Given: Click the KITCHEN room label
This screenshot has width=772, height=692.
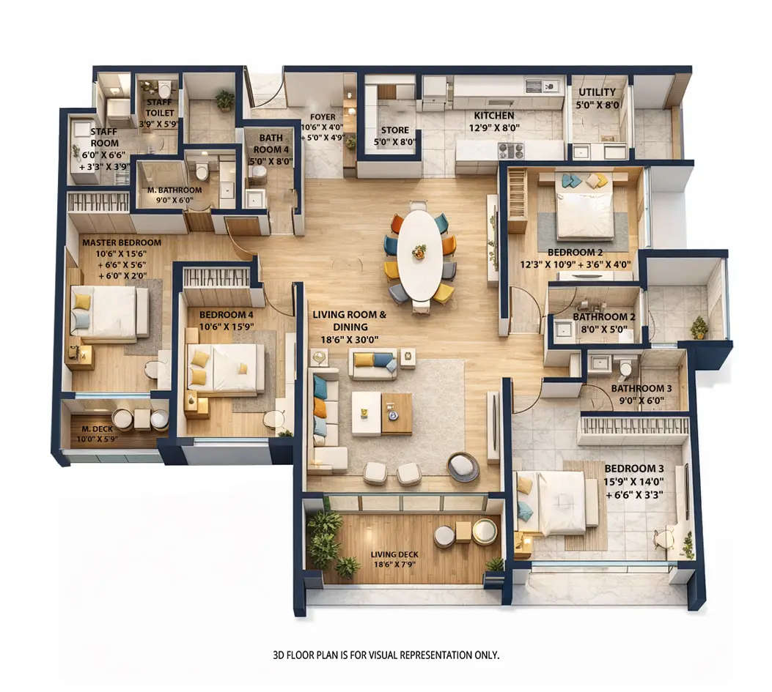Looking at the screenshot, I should pyautogui.click(x=493, y=116).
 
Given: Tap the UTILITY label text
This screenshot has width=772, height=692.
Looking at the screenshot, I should pyautogui.click(x=597, y=92).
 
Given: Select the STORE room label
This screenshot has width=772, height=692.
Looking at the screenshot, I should pyautogui.click(x=394, y=130).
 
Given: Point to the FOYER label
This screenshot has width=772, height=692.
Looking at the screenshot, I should pyautogui.click(x=323, y=117).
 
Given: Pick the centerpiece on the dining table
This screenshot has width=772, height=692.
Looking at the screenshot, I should pyautogui.click(x=419, y=251).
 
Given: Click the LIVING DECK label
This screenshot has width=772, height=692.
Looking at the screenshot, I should pyautogui.click(x=394, y=554).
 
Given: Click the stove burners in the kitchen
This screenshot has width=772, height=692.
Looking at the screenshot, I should pyautogui.click(x=511, y=150).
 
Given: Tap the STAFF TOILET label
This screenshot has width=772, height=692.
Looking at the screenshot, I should pyautogui.click(x=160, y=108).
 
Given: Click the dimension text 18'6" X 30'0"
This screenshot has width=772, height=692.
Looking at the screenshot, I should pyautogui.click(x=349, y=340).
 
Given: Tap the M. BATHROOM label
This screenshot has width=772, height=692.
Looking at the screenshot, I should pyautogui.click(x=174, y=190).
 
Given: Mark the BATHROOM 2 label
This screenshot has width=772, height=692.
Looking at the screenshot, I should pyautogui.click(x=594, y=317).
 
